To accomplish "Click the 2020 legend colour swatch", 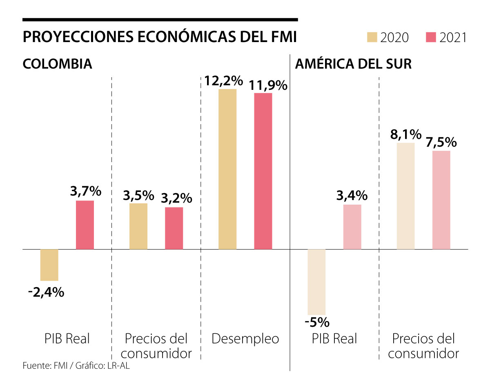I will click(x=372, y=38).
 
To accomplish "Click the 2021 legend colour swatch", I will click(x=432, y=38).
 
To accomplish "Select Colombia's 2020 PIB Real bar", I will click(x=49, y=265).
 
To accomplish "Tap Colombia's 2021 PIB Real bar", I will click(x=85, y=225).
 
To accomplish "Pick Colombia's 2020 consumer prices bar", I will click(x=138, y=226).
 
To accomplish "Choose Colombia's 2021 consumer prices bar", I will click(x=174, y=228).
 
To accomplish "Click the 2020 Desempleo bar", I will click(x=227, y=169).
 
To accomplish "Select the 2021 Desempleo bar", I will click(x=263, y=171).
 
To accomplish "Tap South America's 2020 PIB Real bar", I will click(x=316, y=282).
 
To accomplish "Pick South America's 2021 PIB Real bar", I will click(x=352, y=227).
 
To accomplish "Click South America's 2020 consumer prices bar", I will click(x=405, y=196).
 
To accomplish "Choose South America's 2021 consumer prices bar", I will click(x=441, y=200).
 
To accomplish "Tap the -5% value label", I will click(x=317, y=323).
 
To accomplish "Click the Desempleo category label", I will click(x=245, y=339).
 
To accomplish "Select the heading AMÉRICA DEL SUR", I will click(x=353, y=64).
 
